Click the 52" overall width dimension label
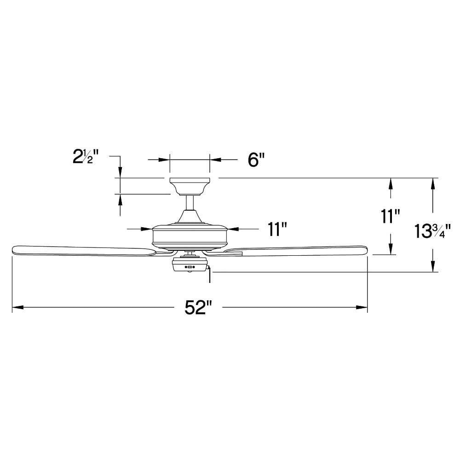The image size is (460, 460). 198,307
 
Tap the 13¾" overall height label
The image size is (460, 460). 432,231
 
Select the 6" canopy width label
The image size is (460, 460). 256,160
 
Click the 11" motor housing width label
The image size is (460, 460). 277,229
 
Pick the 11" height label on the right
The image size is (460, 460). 390,217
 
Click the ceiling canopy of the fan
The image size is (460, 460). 190,186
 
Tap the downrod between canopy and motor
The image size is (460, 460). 190,203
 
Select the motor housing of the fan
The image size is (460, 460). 190,235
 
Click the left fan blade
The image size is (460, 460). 84,250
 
